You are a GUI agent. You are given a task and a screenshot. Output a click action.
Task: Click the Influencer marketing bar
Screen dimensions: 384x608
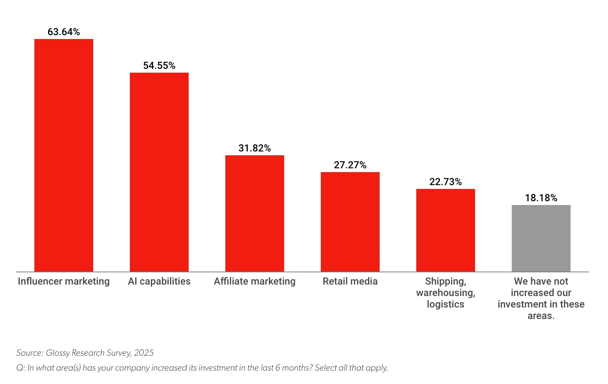(x=64, y=155)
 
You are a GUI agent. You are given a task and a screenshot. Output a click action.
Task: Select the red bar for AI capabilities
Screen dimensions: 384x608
(x=159, y=172)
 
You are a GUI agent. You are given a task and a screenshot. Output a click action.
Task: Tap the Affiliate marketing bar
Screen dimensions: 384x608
(x=255, y=213)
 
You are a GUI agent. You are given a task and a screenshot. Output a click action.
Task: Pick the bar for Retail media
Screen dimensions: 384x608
(x=350, y=222)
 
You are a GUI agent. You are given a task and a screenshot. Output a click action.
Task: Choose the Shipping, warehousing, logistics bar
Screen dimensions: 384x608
(x=446, y=230)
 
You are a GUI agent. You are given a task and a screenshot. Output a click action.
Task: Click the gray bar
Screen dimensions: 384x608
(x=541, y=238)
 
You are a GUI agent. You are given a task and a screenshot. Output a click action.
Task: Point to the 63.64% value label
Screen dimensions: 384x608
(x=64, y=32)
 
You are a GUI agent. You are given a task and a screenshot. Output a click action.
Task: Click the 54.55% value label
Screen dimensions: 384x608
(x=159, y=65)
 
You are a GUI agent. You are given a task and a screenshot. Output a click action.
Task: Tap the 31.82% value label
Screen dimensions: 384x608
(x=255, y=148)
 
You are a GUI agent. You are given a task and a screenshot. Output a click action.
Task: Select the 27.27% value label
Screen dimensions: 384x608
(x=350, y=165)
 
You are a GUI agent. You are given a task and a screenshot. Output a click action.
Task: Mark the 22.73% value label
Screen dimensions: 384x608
(x=446, y=182)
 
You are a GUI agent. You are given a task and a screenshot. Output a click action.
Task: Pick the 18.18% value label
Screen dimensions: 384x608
(x=541, y=198)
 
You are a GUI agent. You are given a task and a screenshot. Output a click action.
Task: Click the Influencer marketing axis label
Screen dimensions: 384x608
(x=64, y=281)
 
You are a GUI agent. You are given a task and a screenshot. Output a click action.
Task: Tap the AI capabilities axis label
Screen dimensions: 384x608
(x=159, y=281)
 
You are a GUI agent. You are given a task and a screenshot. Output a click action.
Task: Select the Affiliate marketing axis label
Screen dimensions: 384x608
(x=255, y=281)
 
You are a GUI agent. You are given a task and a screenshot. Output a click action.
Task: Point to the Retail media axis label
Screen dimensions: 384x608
(x=350, y=281)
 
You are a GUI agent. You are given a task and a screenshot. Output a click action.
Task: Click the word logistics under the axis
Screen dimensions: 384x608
(x=446, y=304)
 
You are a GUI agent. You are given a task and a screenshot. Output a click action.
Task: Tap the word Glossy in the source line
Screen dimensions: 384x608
(x=58, y=353)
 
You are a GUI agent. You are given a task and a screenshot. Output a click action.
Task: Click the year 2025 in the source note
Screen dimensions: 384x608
(x=144, y=353)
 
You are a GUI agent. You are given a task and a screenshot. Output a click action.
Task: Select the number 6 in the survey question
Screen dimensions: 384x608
(x=278, y=368)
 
